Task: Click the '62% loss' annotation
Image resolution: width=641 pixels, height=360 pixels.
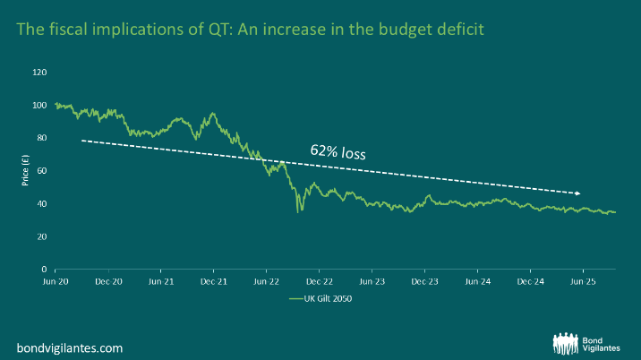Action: (338, 153)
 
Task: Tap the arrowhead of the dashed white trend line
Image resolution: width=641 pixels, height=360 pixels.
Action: (578, 193)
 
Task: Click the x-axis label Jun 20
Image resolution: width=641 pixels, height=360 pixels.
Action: (56, 280)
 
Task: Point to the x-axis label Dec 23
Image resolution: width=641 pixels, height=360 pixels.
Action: (425, 280)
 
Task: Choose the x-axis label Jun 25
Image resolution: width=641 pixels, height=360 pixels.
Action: (583, 280)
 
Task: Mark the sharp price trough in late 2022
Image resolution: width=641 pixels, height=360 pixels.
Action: (300, 211)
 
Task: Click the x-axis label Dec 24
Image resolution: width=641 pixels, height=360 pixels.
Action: (530, 280)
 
